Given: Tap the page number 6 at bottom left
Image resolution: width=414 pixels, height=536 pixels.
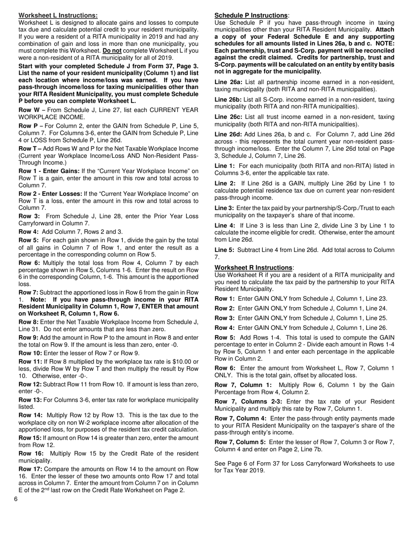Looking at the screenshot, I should click(x=15, y=499).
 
